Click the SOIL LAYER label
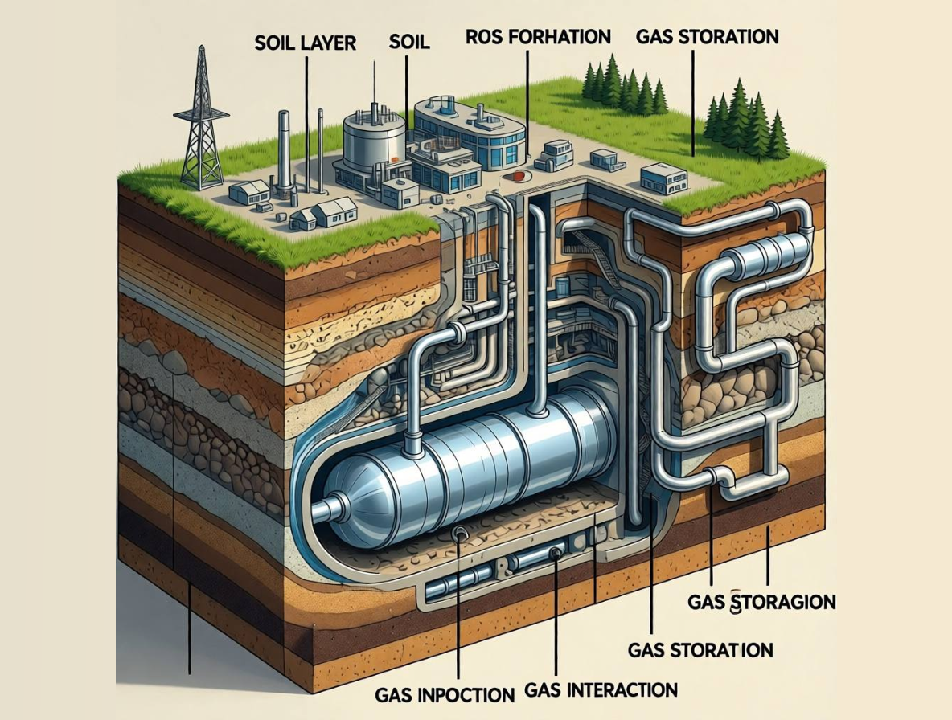click(306, 43)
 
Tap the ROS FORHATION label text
click(538, 37)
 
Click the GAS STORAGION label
click(761, 602)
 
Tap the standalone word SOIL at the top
click(409, 42)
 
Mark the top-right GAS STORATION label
click(706, 37)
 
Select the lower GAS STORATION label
click(700, 649)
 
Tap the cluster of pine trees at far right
click(744, 125)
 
